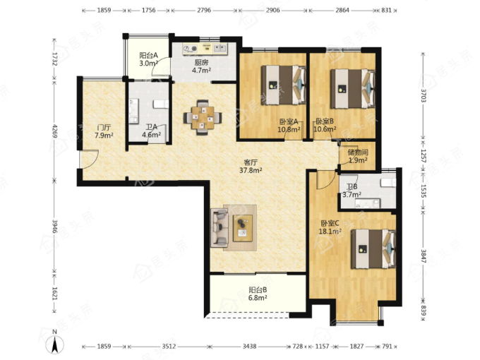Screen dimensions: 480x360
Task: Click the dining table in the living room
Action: tap(203, 118)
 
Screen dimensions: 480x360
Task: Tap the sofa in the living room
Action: tap(220, 227)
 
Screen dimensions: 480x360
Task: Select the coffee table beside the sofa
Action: tap(243, 228)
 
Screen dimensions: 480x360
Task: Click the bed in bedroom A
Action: tap(284, 85)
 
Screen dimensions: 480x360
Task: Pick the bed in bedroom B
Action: tap(353, 89)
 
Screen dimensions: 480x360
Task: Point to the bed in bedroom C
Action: tap(373, 248)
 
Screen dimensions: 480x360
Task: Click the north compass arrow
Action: tap(55, 344)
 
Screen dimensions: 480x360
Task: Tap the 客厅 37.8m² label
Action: tap(251, 166)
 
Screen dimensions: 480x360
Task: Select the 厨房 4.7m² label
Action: tap(201, 66)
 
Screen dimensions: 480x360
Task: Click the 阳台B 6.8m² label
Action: tap(258, 294)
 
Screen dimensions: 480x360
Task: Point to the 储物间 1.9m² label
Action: tap(358, 156)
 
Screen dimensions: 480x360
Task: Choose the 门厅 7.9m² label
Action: tap(104, 131)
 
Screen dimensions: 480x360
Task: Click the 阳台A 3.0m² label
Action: tap(148, 59)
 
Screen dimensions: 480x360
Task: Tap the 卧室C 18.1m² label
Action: tap(330, 227)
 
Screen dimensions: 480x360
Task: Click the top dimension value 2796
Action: tap(204, 10)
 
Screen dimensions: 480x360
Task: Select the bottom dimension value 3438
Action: tap(249, 346)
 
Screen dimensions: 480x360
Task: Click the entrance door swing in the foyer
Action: tap(90, 160)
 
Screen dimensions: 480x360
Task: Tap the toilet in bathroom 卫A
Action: tap(161, 104)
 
